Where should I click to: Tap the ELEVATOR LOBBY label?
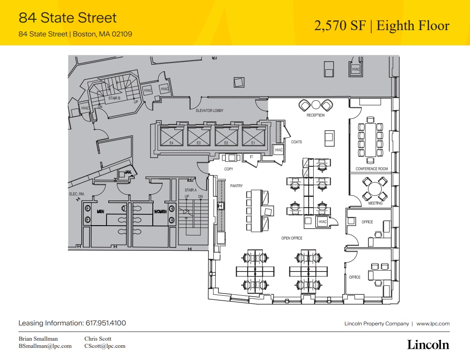(209, 110)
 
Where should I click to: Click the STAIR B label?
(114, 98)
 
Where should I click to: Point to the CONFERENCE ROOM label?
(372, 169)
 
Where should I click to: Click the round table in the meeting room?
(372, 189)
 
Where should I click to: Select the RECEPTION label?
(315, 116)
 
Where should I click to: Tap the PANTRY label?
(236, 186)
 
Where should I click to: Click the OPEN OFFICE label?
(292, 238)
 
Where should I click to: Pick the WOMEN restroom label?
(160, 212)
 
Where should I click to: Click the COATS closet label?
(297, 142)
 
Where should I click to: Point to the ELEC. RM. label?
(76, 194)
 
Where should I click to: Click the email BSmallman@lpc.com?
(45, 346)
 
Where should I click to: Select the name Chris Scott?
(98, 338)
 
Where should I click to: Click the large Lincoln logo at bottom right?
(428, 345)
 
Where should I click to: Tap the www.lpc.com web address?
(433, 324)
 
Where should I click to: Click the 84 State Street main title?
(67, 18)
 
